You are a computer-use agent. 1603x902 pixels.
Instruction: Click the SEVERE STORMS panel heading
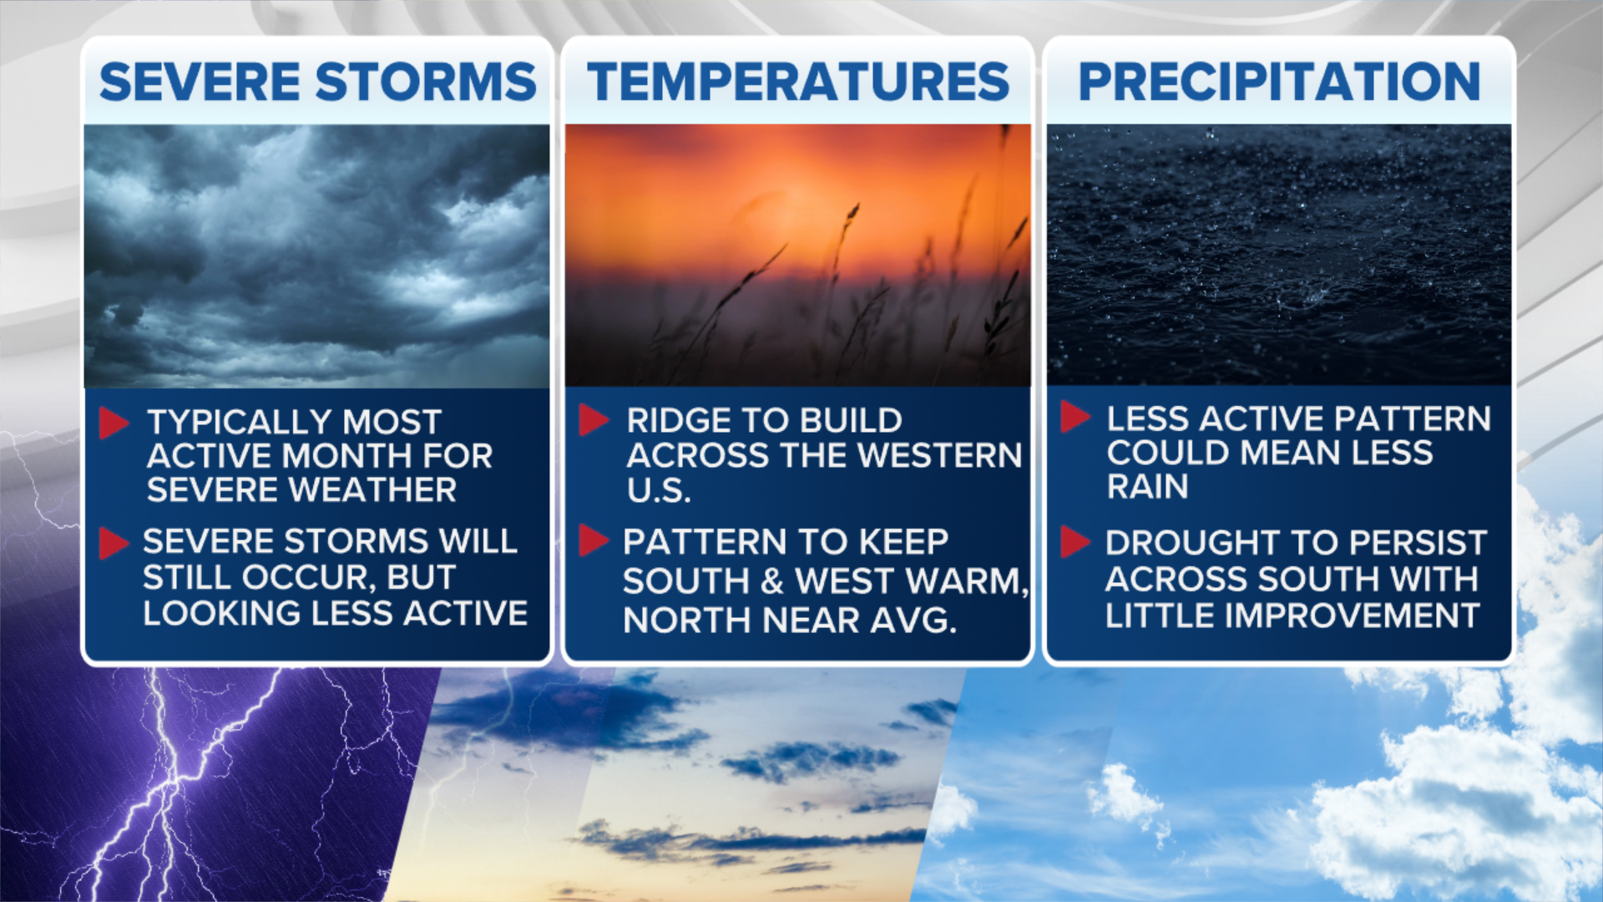(x=317, y=82)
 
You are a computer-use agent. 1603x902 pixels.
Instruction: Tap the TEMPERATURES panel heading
(x=798, y=82)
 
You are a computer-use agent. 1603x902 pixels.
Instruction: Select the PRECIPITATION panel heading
(x=1279, y=82)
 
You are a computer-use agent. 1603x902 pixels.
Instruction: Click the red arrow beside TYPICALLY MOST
(x=114, y=423)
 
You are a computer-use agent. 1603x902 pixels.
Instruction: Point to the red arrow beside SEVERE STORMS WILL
(x=114, y=543)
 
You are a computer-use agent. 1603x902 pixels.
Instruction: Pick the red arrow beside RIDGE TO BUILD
(x=594, y=420)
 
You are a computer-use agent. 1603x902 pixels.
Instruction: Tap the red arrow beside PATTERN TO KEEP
(x=594, y=540)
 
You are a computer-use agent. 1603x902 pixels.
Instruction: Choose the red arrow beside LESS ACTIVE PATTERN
(x=1075, y=417)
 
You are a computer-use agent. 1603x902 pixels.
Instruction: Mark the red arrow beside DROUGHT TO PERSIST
(x=1075, y=542)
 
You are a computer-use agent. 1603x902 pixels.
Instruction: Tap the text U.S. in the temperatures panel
(x=659, y=490)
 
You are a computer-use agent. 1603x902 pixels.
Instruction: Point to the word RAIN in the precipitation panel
(x=1147, y=487)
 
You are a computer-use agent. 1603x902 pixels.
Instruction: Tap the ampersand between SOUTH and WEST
(x=772, y=581)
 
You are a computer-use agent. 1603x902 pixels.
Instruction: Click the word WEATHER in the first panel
(x=373, y=490)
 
